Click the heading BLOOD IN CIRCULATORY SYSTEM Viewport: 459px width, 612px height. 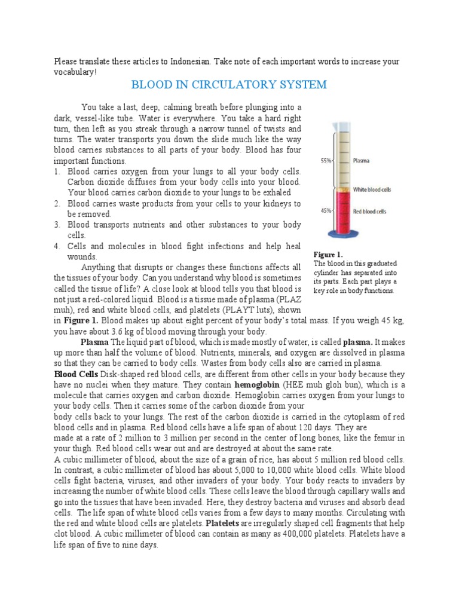point(229,84)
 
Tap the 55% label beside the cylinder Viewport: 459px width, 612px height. point(326,161)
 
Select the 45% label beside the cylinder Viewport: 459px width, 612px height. point(326,210)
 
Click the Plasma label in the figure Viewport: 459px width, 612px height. point(361,161)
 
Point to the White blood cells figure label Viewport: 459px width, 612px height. point(372,189)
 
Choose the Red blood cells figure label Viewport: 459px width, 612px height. point(370,211)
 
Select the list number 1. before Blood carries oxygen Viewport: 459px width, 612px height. point(57,172)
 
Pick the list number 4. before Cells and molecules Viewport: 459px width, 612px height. point(57,246)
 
